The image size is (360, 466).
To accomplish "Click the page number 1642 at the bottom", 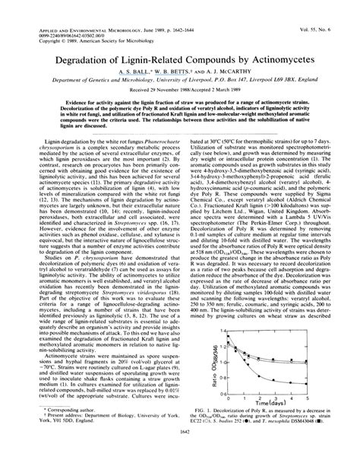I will tap(180, 455).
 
